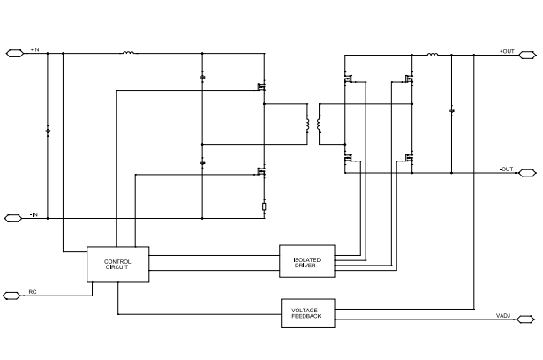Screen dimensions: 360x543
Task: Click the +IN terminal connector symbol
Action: tap(15, 53)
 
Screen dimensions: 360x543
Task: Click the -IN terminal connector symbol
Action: tap(15, 217)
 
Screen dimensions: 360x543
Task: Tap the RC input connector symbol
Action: tap(15, 295)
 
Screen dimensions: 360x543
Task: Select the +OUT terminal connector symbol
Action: tap(526, 54)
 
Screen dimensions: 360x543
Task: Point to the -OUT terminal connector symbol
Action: tap(526, 172)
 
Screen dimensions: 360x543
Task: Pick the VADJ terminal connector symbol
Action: tap(526, 317)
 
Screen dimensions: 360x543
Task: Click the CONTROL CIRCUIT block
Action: tap(117, 264)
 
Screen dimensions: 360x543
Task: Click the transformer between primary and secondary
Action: tap(313, 128)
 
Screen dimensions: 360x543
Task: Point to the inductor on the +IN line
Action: tap(129, 53)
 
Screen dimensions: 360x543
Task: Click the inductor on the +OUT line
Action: tap(433, 54)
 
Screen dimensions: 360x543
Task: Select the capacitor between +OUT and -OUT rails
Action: tap(452, 112)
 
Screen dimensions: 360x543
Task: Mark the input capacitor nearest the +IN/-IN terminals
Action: tap(48, 131)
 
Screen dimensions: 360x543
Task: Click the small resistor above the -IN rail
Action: tap(264, 208)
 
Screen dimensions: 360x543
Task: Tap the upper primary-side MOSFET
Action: tap(262, 86)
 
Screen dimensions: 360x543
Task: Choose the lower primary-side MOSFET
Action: tap(262, 172)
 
